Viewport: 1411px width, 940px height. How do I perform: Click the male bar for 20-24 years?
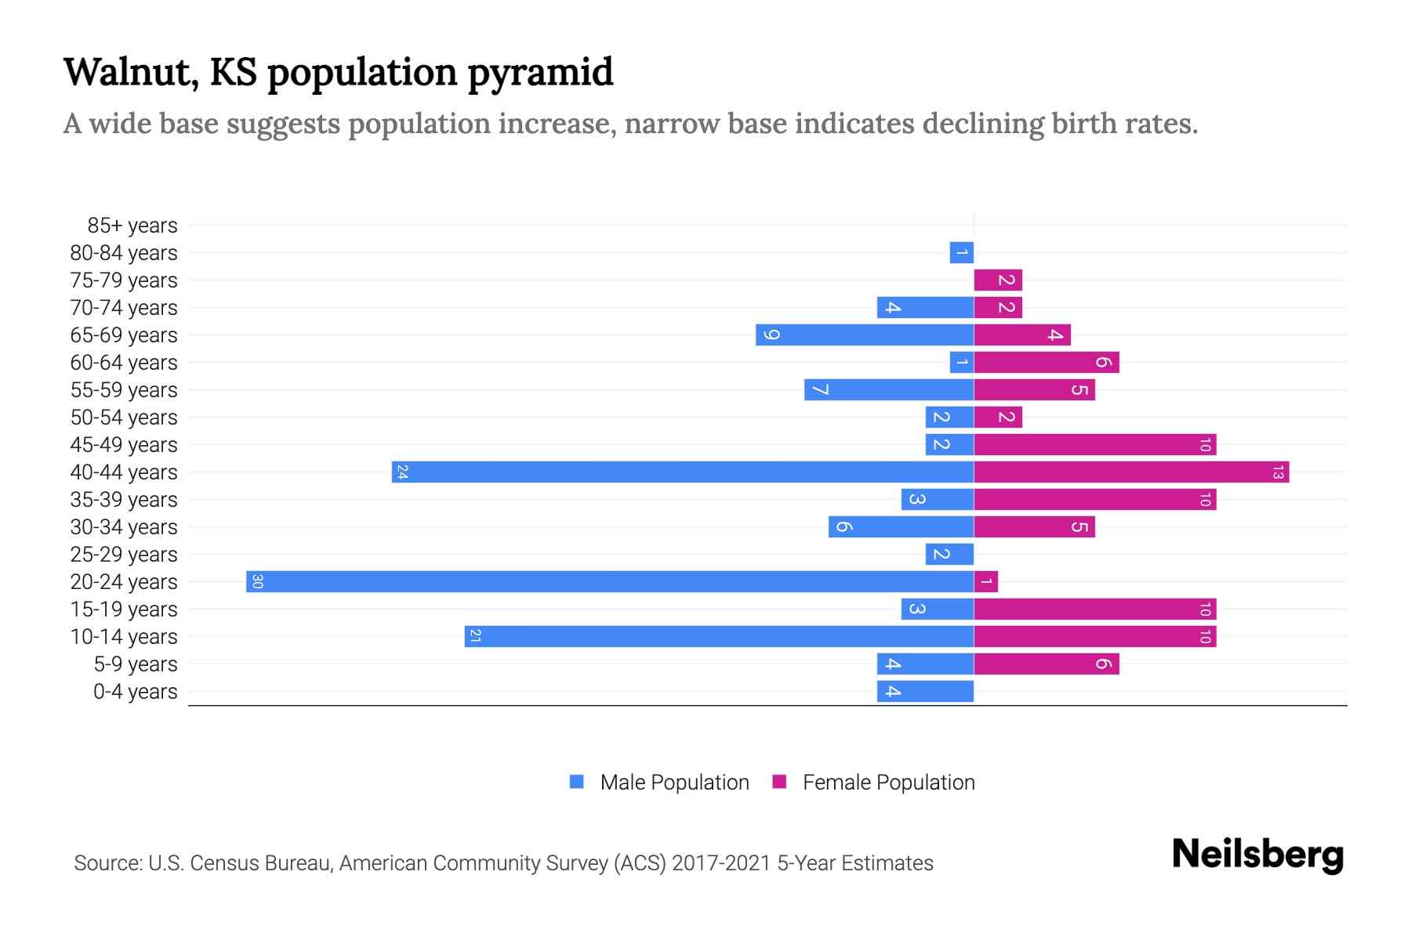(x=610, y=581)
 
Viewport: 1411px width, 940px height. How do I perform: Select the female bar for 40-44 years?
(x=1131, y=472)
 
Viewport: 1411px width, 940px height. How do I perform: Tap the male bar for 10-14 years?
(x=719, y=636)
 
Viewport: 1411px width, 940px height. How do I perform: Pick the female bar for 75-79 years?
(x=998, y=280)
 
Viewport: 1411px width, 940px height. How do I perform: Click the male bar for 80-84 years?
(x=962, y=252)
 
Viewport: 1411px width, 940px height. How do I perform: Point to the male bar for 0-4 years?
(x=925, y=691)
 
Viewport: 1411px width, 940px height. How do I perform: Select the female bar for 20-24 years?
(x=986, y=581)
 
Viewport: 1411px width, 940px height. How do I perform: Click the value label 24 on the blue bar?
(x=402, y=472)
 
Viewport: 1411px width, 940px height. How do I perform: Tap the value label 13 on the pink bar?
(x=1278, y=472)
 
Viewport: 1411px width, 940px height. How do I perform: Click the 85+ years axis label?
(x=132, y=226)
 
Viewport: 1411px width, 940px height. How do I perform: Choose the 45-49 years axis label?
(x=124, y=445)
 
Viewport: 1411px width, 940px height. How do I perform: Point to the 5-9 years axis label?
(x=136, y=664)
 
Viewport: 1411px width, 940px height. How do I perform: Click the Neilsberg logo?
(x=1257, y=854)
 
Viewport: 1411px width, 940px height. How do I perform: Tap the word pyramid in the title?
(x=540, y=72)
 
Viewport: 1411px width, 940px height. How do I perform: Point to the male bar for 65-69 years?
(x=865, y=334)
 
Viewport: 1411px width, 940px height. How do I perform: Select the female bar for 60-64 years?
(x=1046, y=362)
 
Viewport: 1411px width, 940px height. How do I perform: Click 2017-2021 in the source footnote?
(x=721, y=863)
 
